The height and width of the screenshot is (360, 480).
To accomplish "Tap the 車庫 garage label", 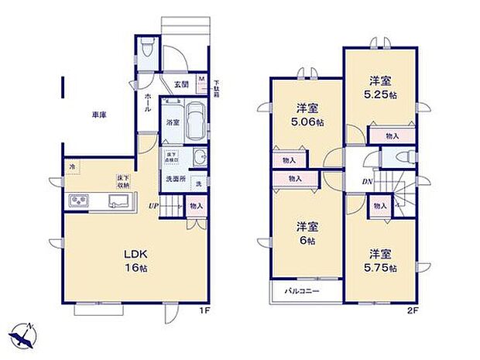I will (x=99, y=115).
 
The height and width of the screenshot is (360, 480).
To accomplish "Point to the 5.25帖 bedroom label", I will (x=381, y=87).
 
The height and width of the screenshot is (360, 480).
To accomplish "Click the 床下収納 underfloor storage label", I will (x=122, y=181).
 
